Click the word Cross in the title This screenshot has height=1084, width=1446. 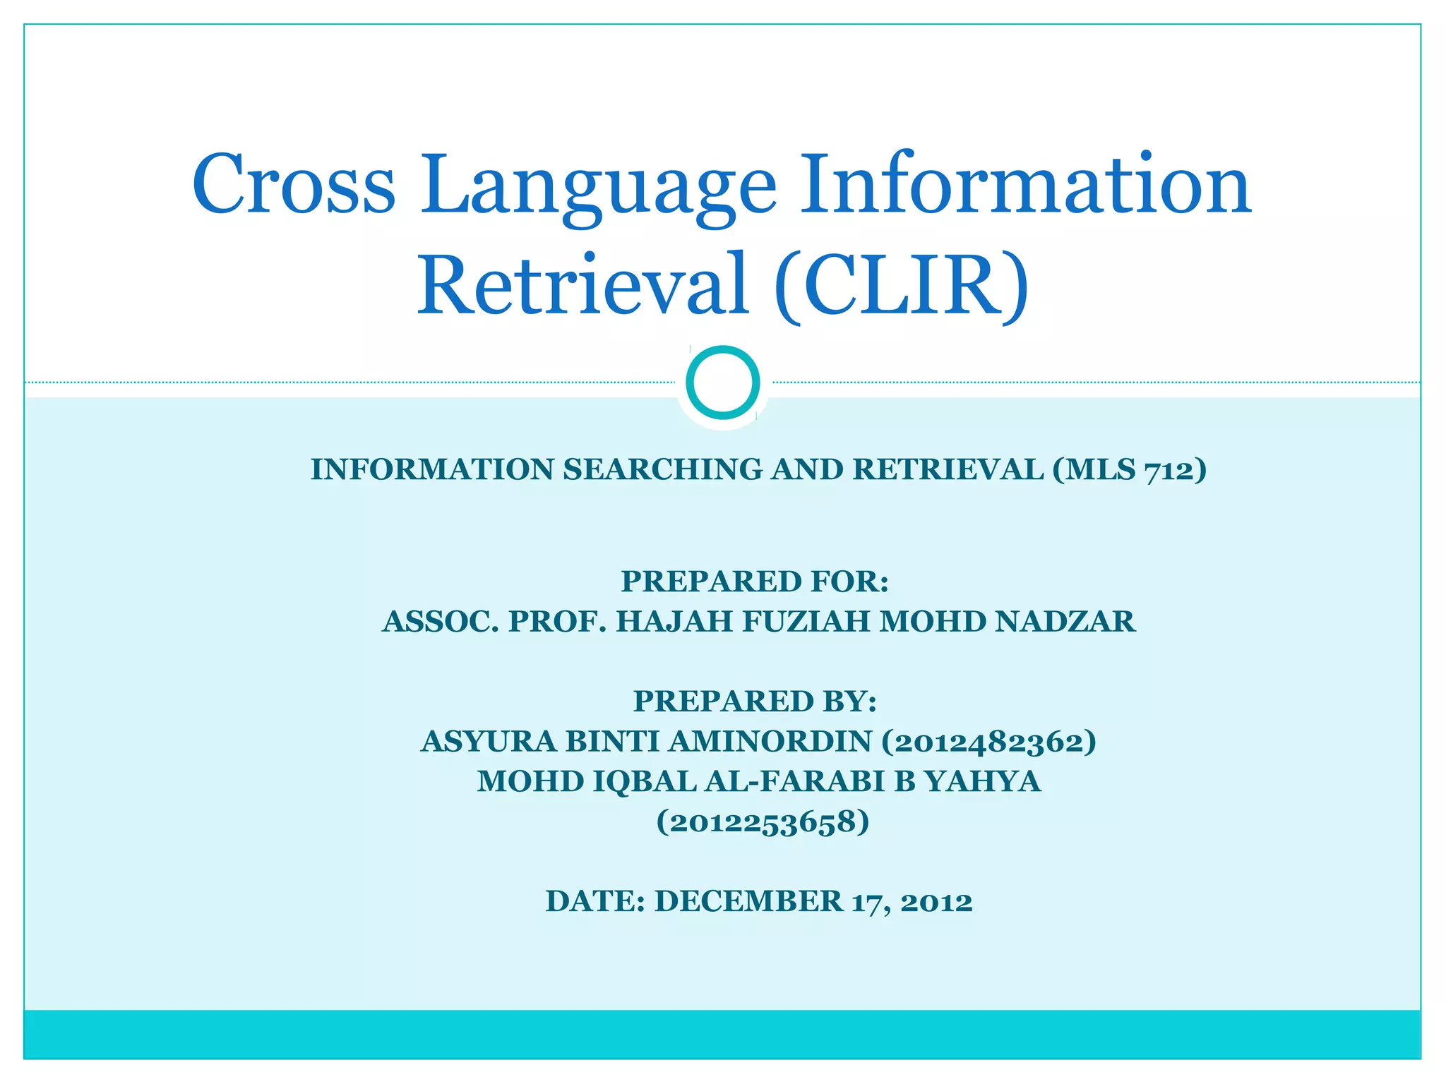[293, 185]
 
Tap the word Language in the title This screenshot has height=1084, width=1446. [599, 187]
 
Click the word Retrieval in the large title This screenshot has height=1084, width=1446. [582, 284]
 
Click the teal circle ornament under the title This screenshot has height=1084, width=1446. [722, 383]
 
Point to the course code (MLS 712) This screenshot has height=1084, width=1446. [1129, 470]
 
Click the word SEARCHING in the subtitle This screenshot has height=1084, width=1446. [662, 470]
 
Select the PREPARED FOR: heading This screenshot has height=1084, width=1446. [755, 582]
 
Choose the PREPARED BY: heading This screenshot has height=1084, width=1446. [755, 701]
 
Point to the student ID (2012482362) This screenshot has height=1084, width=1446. [988, 742]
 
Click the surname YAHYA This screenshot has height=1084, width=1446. [983, 782]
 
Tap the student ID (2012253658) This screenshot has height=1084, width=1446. [763, 822]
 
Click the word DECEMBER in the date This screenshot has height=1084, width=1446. [748, 902]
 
